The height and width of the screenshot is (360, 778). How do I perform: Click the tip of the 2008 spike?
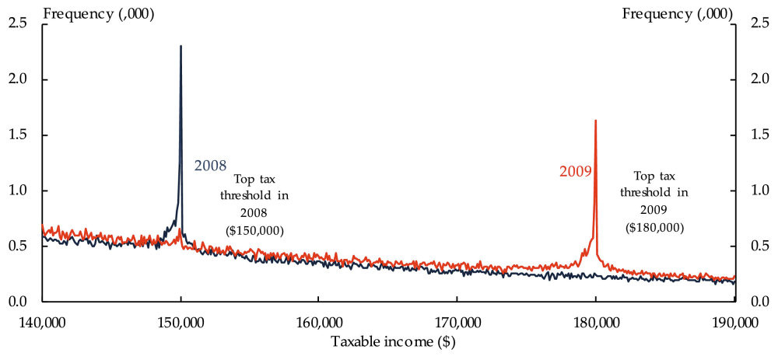click(x=180, y=46)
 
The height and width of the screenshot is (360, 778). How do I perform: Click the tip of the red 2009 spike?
click(x=595, y=121)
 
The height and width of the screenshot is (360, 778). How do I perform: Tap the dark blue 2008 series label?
click(x=210, y=166)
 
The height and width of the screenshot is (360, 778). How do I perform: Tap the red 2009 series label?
click(x=576, y=171)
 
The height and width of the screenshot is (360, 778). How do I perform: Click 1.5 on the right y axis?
click(x=759, y=135)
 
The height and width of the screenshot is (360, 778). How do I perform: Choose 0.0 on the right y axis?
click(x=759, y=302)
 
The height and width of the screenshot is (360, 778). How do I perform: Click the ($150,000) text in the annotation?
click(x=254, y=231)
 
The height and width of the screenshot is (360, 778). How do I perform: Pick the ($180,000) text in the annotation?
click(x=655, y=228)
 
